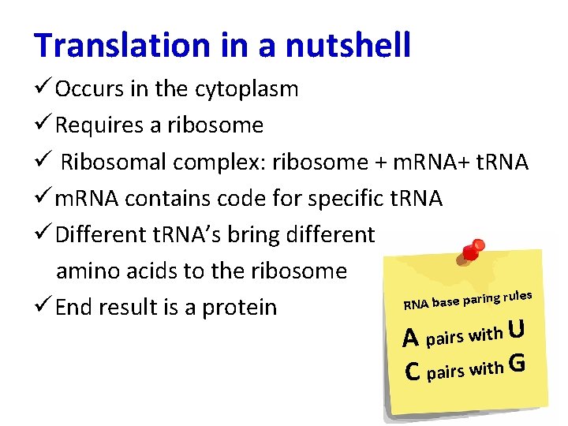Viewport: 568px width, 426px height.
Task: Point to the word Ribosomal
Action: tap(114, 162)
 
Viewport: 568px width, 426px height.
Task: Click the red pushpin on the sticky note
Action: tap(473, 251)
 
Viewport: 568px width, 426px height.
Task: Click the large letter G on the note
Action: tap(518, 364)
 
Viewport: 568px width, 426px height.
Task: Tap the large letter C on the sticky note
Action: tap(411, 370)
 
